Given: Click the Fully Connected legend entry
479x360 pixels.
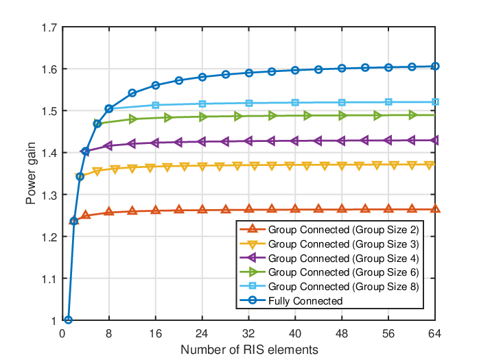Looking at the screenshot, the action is tap(305, 301).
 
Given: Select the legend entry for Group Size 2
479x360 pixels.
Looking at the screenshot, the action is tap(343, 230).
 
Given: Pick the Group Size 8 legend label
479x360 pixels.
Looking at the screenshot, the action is tap(343, 287).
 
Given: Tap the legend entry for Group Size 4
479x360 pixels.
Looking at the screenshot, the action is tap(343, 259).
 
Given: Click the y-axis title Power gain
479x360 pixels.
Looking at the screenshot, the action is tap(31, 173).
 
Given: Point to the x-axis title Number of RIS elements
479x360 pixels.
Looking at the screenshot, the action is tap(249, 350).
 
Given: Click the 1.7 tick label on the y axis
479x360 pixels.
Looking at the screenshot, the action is tap(49, 27).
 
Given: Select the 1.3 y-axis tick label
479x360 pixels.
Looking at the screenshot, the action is tap(49, 195).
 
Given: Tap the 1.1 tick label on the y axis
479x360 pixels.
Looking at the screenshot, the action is tap(49, 279).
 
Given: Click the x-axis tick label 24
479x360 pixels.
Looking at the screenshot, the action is tap(202, 333).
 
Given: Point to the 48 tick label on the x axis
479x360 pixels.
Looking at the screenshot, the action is tap(342, 333).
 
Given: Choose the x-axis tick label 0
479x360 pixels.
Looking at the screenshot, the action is tap(62, 333).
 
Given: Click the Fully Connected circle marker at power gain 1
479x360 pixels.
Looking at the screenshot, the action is tap(69, 320).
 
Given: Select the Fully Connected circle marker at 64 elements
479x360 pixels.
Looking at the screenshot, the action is tap(435, 67).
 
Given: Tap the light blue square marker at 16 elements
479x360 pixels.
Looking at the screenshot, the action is tap(156, 106).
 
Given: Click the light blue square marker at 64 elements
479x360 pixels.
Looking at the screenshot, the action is tap(435, 102).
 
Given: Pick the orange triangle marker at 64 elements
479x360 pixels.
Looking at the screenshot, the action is tap(435, 209).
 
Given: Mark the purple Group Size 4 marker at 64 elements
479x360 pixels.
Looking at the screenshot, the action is tap(434, 141).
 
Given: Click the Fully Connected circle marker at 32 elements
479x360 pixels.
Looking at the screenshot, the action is tap(249, 73).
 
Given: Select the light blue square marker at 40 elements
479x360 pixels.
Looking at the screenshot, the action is tap(295, 103).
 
